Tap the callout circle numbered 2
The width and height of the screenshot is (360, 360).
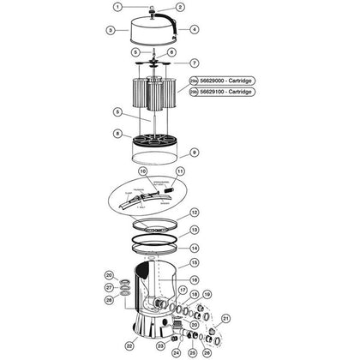tap(181, 7)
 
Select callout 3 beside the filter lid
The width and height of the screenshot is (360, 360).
tap(111, 29)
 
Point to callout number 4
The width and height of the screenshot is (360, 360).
tap(195, 28)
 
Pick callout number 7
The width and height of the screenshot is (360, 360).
tap(194, 63)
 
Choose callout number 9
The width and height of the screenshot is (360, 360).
tap(194, 153)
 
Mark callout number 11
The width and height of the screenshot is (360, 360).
tap(180, 172)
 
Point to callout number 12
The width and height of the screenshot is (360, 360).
tap(194, 213)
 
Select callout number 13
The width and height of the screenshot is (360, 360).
tap(194, 230)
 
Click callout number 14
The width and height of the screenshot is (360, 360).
tap(194, 247)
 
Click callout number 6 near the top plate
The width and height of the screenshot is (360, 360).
tap(172, 51)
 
